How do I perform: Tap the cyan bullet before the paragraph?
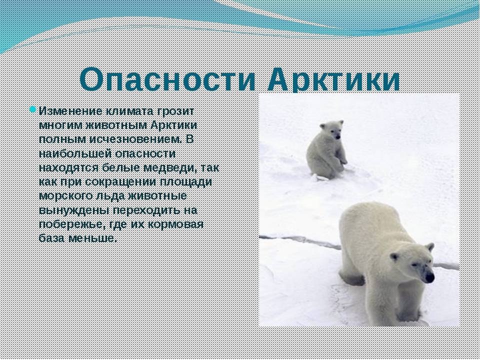[33, 109]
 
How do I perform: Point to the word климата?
[130, 111]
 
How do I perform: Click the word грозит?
[175, 111]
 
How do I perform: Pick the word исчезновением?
[136, 139]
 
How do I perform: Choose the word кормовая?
[175, 224]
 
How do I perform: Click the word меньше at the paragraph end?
[93, 238]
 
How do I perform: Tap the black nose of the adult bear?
[429, 277]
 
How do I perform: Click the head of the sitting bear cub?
[332, 129]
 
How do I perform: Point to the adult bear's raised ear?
[430, 246]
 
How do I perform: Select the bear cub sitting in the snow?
[326, 150]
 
